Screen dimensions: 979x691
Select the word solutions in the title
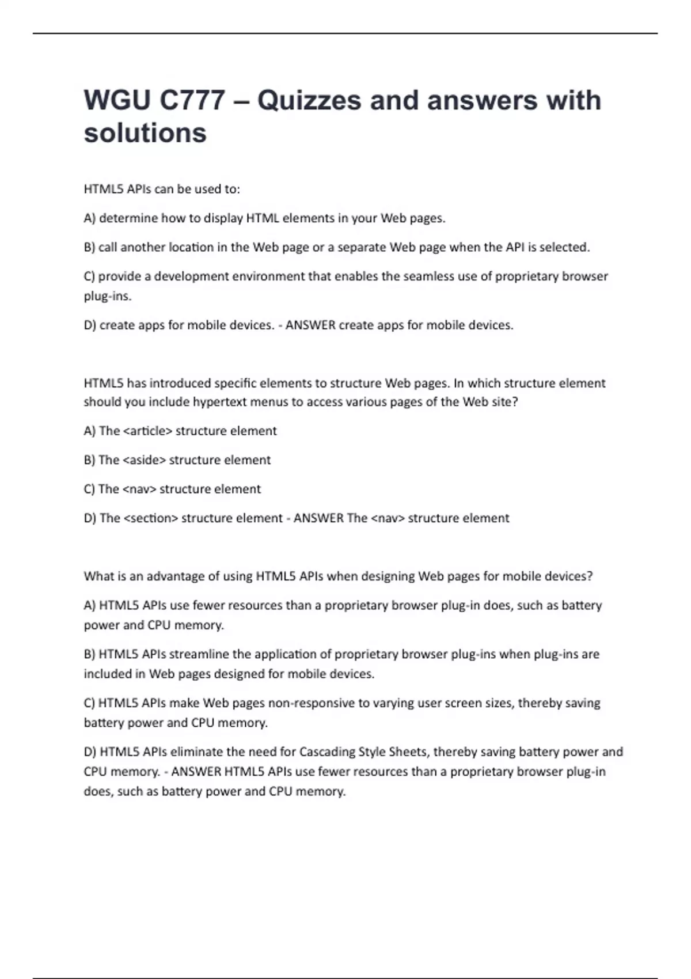(x=145, y=133)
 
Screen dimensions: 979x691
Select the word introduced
(x=180, y=383)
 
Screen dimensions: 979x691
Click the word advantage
(x=176, y=576)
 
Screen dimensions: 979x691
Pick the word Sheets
(x=407, y=752)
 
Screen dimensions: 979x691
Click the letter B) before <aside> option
(x=89, y=460)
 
